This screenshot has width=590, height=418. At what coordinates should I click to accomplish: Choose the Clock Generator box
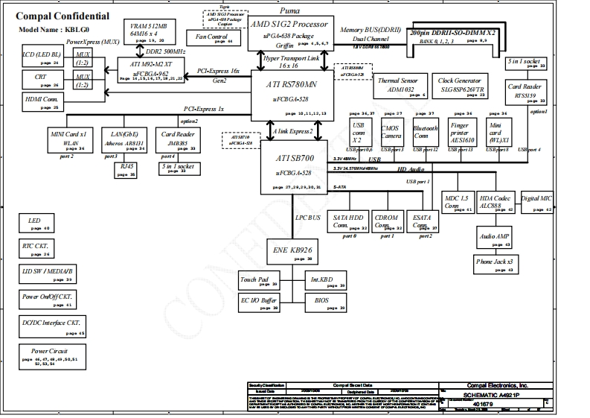(461, 86)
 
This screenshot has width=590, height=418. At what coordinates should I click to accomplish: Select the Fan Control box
(212, 37)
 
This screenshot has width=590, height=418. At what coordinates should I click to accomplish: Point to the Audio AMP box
(495, 236)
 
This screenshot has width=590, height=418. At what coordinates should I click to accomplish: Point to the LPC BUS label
(308, 218)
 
